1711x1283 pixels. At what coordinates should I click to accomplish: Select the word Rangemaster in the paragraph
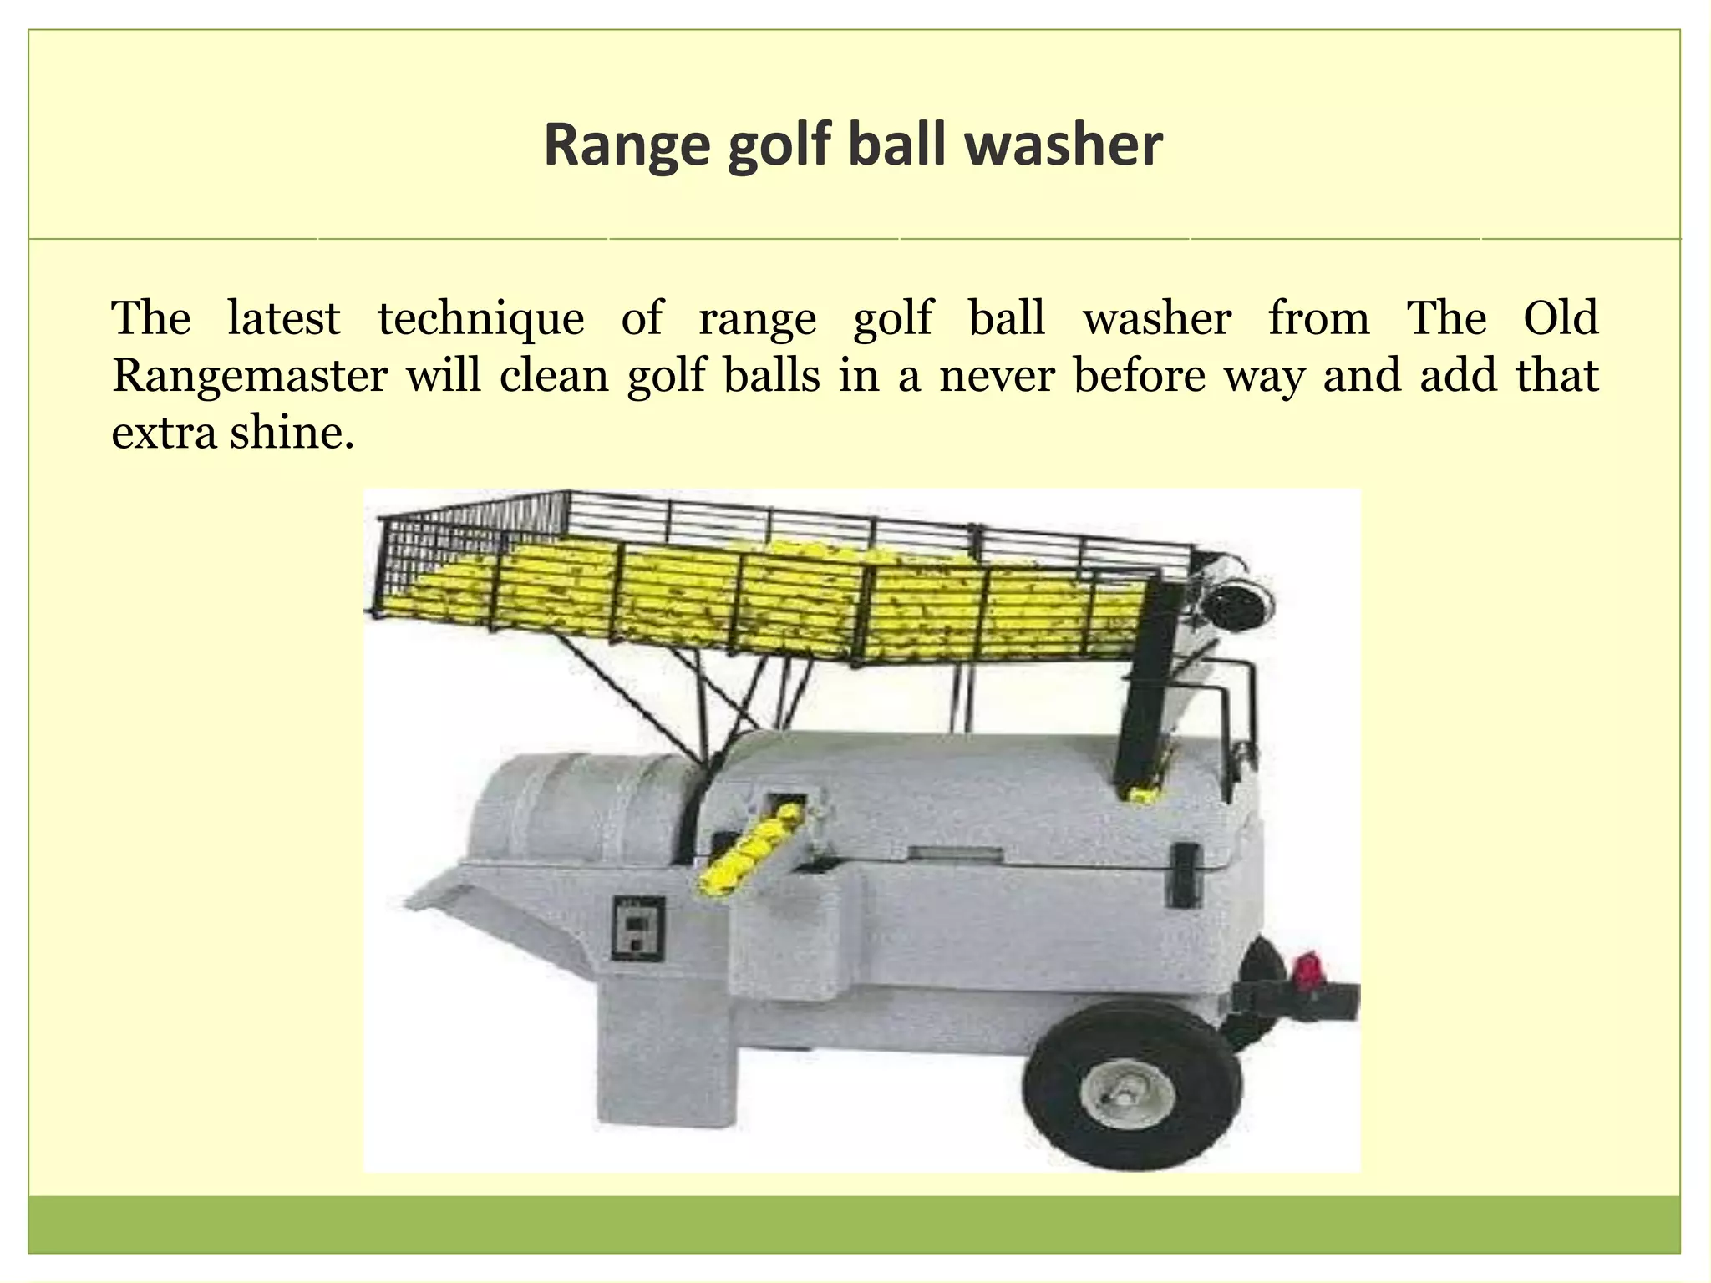249,375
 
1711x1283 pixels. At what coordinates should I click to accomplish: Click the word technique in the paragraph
480,318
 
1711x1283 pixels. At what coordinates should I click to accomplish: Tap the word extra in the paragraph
164,432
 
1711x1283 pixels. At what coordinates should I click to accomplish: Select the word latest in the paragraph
284,318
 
